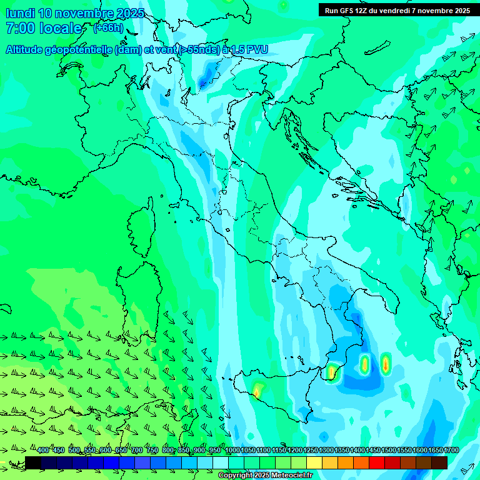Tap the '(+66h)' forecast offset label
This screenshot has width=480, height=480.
click(x=108, y=28)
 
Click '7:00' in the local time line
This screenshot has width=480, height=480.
click(x=19, y=28)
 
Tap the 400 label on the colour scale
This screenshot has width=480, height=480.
click(x=43, y=451)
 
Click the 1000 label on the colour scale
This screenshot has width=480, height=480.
click(x=232, y=451)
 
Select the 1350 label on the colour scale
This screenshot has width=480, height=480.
click(x=342, y=451)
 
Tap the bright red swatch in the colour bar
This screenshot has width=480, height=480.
click(x=377, y=462)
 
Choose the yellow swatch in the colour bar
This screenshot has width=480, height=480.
click(x=314, y=462)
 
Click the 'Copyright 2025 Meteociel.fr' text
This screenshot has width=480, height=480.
click(x=266, y=475)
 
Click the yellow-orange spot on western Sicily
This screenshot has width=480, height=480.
click(x=256, y=392)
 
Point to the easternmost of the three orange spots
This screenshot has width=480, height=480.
click(x=386, y=363)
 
